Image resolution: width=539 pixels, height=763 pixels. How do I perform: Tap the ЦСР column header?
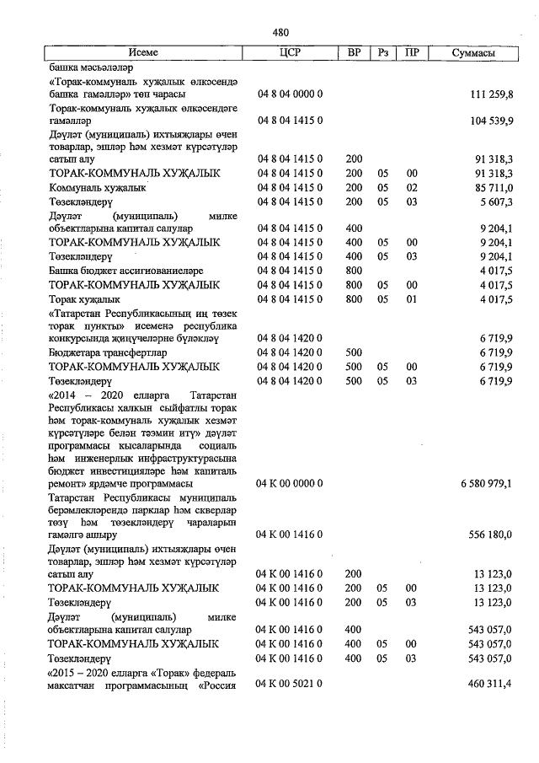tap(289, 52)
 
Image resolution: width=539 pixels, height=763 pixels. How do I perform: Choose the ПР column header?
tap(411, 52)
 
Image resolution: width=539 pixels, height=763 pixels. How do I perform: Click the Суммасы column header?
tap(473, 52)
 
